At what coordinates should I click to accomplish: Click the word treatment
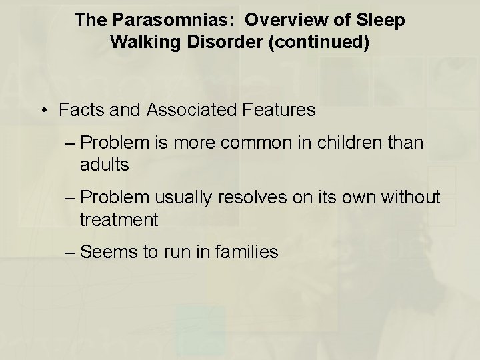pyautogui.click(x=119, y=219)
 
